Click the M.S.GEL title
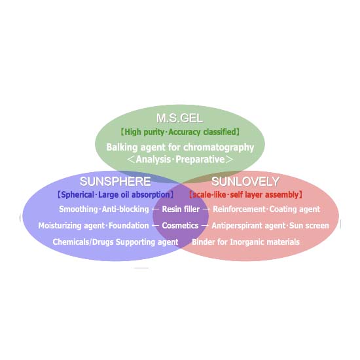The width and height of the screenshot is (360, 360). click(179, 118)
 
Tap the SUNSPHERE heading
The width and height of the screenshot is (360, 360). click(115, 181)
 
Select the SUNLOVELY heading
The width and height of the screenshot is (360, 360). click(245, 181)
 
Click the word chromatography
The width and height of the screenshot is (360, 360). click(219, 148)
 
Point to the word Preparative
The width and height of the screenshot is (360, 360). click(200, 159)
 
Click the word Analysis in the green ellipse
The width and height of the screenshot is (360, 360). click(153, 159)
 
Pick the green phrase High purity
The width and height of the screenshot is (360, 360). click(144, 132)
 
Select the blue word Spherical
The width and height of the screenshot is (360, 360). click(78, 194)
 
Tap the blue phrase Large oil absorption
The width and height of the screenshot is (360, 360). click(134, 194)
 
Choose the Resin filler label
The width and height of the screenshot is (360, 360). click(181, 209)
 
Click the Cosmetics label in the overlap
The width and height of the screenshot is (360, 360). click(180, 225)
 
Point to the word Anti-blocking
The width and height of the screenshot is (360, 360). click(126, 209)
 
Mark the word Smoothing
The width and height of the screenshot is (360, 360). click(79, 209)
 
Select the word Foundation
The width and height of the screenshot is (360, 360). click(128, 226)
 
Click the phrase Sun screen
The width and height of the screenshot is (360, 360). click(309, 226)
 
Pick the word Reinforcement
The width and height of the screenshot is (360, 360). click(239, 209)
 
